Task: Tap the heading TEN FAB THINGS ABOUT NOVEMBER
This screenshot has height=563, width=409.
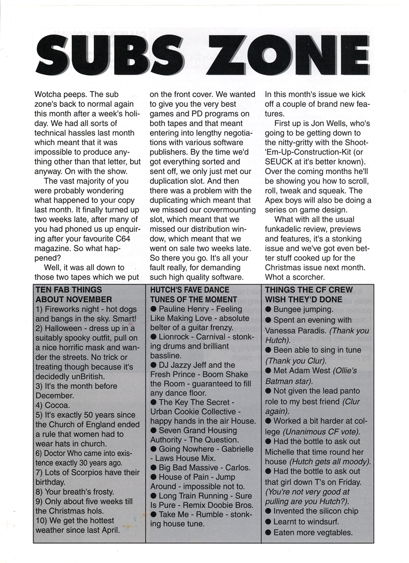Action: [69, 294]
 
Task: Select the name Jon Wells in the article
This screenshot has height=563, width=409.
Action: [327, 123]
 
